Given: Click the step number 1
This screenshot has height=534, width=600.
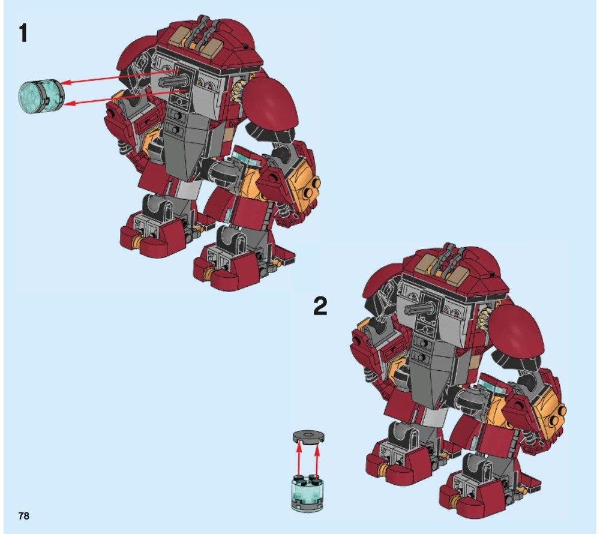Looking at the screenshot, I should tap(23, 33).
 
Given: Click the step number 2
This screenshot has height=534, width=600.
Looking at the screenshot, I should tap(320, 307).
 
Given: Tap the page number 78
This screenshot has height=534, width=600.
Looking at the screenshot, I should tap(23, 516).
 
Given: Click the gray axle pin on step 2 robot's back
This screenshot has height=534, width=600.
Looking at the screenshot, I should tap(419, 309).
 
